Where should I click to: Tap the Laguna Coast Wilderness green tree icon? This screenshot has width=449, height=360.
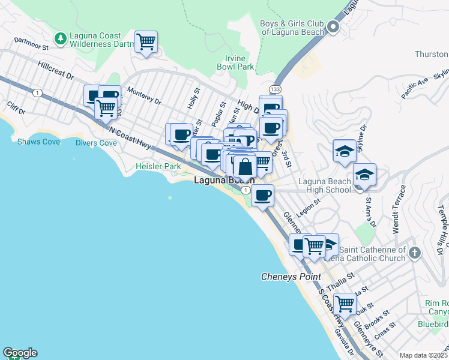(60, 39)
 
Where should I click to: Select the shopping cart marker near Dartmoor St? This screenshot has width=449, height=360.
(146, 43)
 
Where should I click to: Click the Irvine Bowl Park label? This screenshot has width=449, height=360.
(235, 62)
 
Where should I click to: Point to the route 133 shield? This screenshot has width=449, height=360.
(275, 89)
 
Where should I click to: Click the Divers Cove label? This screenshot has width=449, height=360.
(96, 143)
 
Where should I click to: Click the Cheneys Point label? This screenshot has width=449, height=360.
(291, 277)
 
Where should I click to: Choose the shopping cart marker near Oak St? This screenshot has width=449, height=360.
(345, 304)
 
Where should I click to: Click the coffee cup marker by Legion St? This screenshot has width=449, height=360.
(262, 195)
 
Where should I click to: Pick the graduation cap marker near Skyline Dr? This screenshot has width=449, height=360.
(345, 151)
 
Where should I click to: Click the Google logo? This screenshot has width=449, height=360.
(20, 353)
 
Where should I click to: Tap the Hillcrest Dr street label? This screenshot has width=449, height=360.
(55, 70)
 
